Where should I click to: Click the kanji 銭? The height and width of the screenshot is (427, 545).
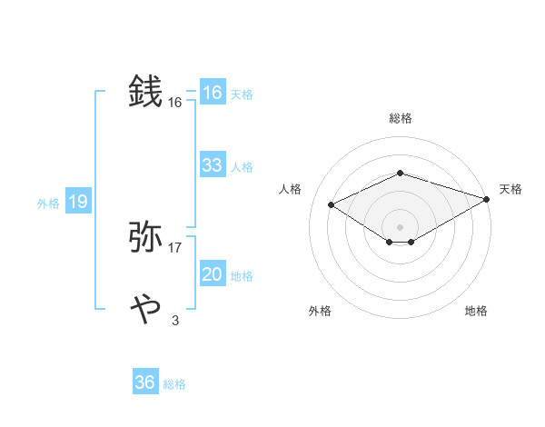[146, 92]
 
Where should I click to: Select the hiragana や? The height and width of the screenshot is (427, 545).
[146, 309]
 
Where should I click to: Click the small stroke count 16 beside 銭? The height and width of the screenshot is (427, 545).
[175, 103]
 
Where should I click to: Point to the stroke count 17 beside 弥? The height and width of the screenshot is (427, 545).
[175, 248]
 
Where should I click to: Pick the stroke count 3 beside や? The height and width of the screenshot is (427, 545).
[175, 320]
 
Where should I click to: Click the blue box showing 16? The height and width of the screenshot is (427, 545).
[213, 93]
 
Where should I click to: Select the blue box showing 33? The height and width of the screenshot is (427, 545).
[213, 165]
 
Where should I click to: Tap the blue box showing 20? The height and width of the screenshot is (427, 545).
[213, 274]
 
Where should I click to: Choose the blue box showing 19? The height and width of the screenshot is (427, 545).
[78, 202]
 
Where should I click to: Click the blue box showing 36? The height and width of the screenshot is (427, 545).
[145, 382]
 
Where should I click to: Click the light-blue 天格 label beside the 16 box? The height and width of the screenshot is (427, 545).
[241, 94]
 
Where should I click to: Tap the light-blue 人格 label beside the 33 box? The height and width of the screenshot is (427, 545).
[241, 167]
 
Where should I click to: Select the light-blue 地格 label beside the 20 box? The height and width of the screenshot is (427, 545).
[241, 276]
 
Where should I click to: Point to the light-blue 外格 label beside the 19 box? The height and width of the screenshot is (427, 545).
[48, 204]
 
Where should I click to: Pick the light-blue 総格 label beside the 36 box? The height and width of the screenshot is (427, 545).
[174, 384]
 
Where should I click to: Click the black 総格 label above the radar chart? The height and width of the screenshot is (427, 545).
[401, 118]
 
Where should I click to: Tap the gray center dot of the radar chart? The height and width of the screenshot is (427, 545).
[400, 226]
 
